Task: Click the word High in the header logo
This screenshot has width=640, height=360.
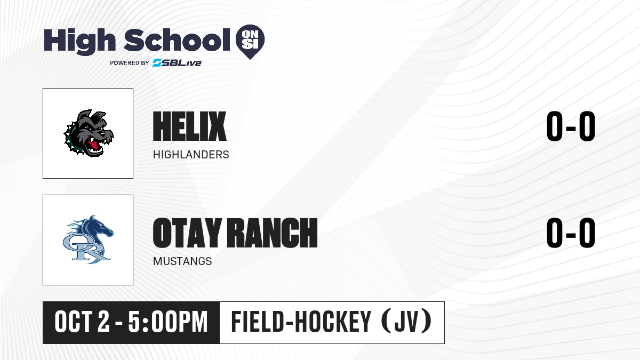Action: pos(79,41)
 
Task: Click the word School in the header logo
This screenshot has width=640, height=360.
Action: pos(177,39)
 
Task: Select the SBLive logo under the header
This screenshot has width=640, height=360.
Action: pos(177,63)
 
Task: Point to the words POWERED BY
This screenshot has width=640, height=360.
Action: pos(130,63)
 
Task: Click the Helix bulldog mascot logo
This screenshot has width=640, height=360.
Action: pos(89,133)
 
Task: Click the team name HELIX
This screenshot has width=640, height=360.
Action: pos(190,126)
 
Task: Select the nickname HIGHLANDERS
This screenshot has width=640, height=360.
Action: pos(191,155)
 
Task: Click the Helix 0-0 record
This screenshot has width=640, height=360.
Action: pos(571,126)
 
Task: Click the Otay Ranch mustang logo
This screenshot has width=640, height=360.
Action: pos(88,239)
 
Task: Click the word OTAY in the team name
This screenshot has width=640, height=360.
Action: pos(187,233)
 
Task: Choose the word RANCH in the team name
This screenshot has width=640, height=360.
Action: pos(273,233)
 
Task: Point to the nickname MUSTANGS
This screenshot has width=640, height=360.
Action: pos(182,261)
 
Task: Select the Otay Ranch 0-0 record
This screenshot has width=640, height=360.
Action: pos(571,233)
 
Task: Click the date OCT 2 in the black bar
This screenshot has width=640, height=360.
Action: pos(82,322)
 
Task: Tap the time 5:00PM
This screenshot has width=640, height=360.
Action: pos(167,322)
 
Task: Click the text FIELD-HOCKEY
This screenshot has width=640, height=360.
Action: pos(301,322)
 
